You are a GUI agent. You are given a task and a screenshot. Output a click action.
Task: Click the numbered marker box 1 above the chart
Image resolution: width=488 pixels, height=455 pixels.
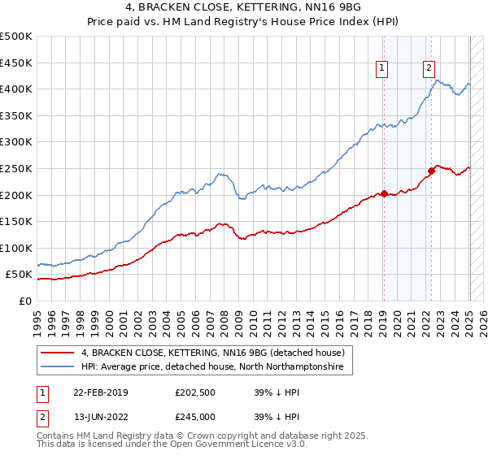coord(381,69)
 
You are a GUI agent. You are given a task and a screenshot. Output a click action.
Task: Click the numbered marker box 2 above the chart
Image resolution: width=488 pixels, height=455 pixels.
coord(429,69)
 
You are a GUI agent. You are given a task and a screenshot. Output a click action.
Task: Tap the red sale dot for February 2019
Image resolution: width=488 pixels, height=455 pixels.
coord(384,193)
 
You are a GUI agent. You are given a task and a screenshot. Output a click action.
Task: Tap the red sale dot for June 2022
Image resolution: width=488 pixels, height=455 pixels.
coord(431,171)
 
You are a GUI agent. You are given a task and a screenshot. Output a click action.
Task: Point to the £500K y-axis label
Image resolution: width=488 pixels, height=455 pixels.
coord(16,37)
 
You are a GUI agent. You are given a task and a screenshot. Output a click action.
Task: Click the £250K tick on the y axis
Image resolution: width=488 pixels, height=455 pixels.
coord(16,168)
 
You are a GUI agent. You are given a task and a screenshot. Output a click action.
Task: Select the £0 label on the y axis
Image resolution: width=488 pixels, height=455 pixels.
coord(24,301)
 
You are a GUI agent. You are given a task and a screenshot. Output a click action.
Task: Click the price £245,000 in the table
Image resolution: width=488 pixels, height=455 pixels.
coord(198,416)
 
